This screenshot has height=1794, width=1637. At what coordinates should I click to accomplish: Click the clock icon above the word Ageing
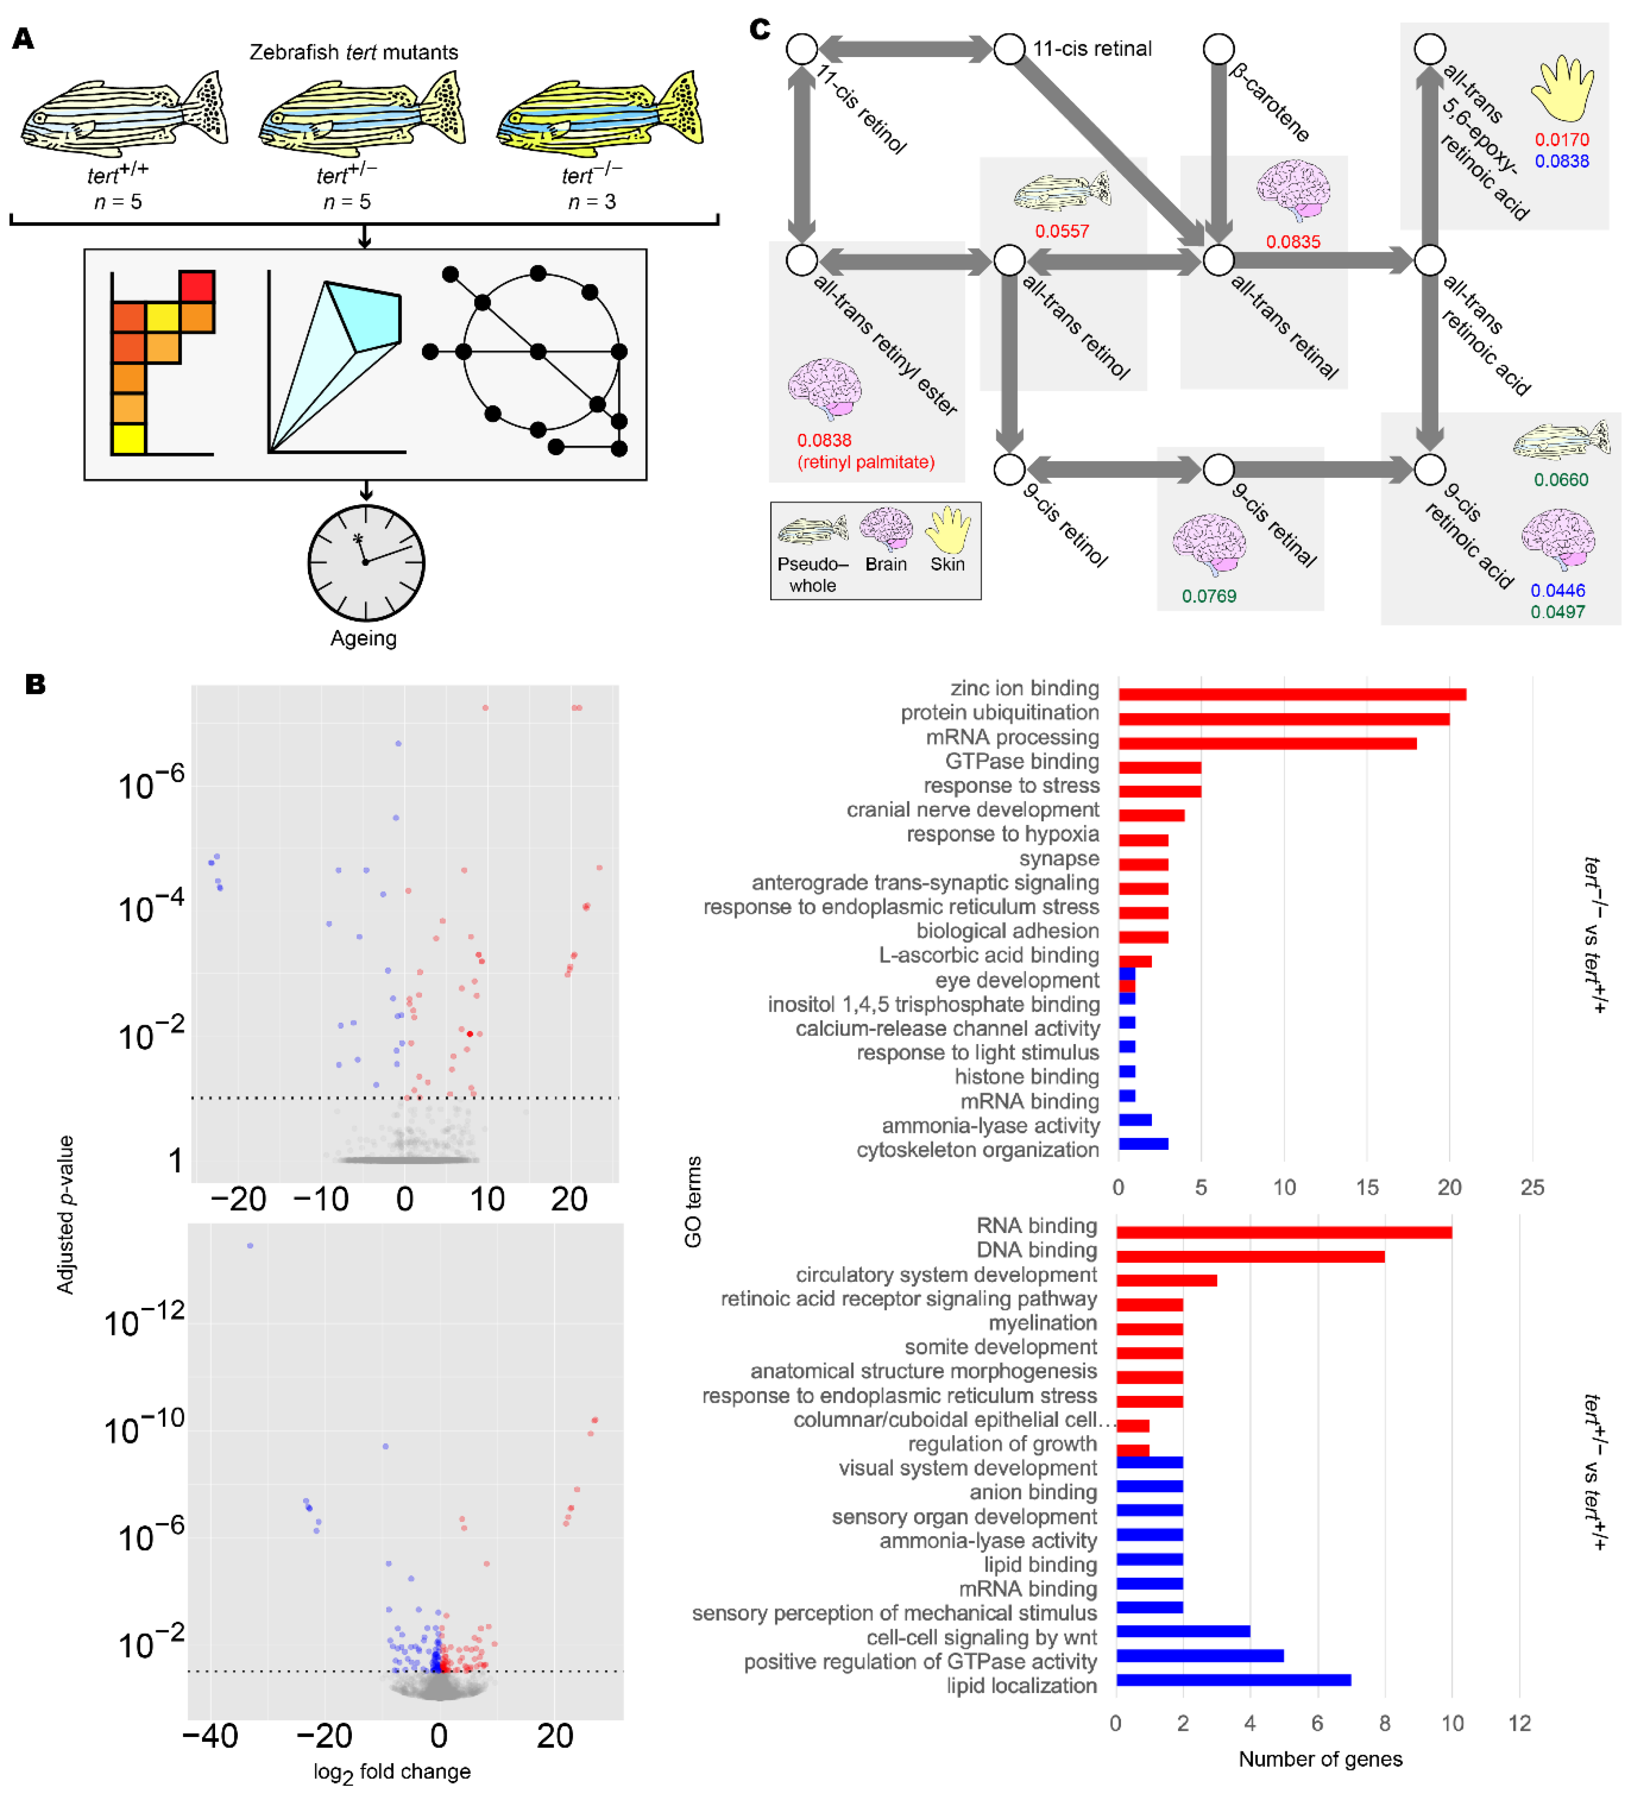pyautogui.click(x=366, y=562)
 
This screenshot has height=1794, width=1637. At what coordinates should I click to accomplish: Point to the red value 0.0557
pyautogui.click(x=1061, y=231)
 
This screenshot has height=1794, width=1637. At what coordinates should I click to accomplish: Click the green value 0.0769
pyautogui.click(x=1208, y=596)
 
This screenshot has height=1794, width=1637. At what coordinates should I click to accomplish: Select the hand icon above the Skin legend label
pyautogui.click(x=948, y=530)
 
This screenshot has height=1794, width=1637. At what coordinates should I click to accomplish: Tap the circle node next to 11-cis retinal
pyautogui.click(x=1009, y=49)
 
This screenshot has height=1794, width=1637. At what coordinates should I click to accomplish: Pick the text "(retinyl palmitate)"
pyautogui.click(x=866, y=462)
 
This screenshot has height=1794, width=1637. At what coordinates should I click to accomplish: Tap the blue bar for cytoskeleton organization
pyautogui.click(x=1143, y=1143)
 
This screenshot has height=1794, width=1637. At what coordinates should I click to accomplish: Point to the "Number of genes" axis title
pyautogui.click(x=1320, y=1758)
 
